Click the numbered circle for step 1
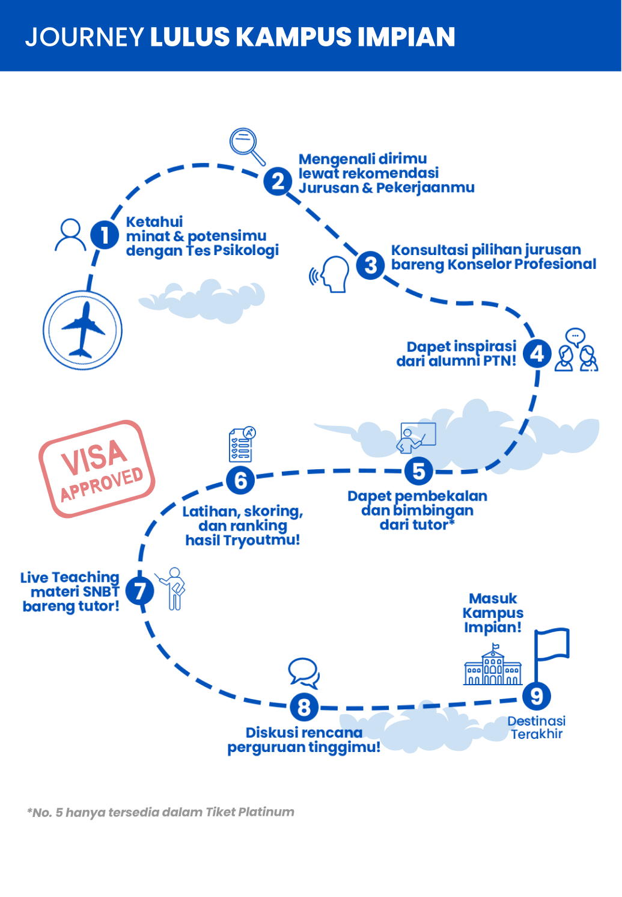point(105,235)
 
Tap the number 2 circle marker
point(278,181)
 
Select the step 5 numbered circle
point(419,471)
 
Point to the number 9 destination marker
point(536,696)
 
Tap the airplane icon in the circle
point(82,330)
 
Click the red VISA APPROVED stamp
point(97,469)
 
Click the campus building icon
point(493,666)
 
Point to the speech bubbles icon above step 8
point(303,673)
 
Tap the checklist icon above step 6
point(242,445)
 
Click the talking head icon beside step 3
point(331,274)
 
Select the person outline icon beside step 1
point(70,235)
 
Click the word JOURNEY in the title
point(84,37)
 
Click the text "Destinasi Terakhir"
point(536,727)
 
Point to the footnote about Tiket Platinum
point(160,812)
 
